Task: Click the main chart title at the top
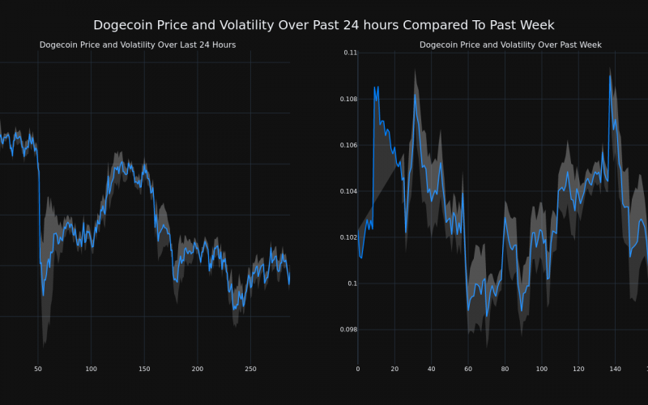tap(324, 25)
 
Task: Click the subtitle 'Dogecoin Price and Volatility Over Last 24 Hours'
tap(138, 45)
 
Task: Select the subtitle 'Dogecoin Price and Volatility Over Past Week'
tap(510, 45)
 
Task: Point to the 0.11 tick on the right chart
tap(350, 53)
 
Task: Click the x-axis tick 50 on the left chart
tap(37, 369)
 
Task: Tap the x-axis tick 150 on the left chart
tap(144, 369)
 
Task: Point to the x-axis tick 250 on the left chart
tap(250, 369)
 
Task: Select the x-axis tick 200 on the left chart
tap(198, 369)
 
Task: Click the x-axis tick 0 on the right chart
tap(358, 369)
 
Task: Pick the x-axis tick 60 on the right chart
tap(468, 369)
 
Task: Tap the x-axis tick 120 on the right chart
tap(578, 369)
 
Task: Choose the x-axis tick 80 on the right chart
tap(505, 369)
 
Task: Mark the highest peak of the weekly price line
tap(611, 76)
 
